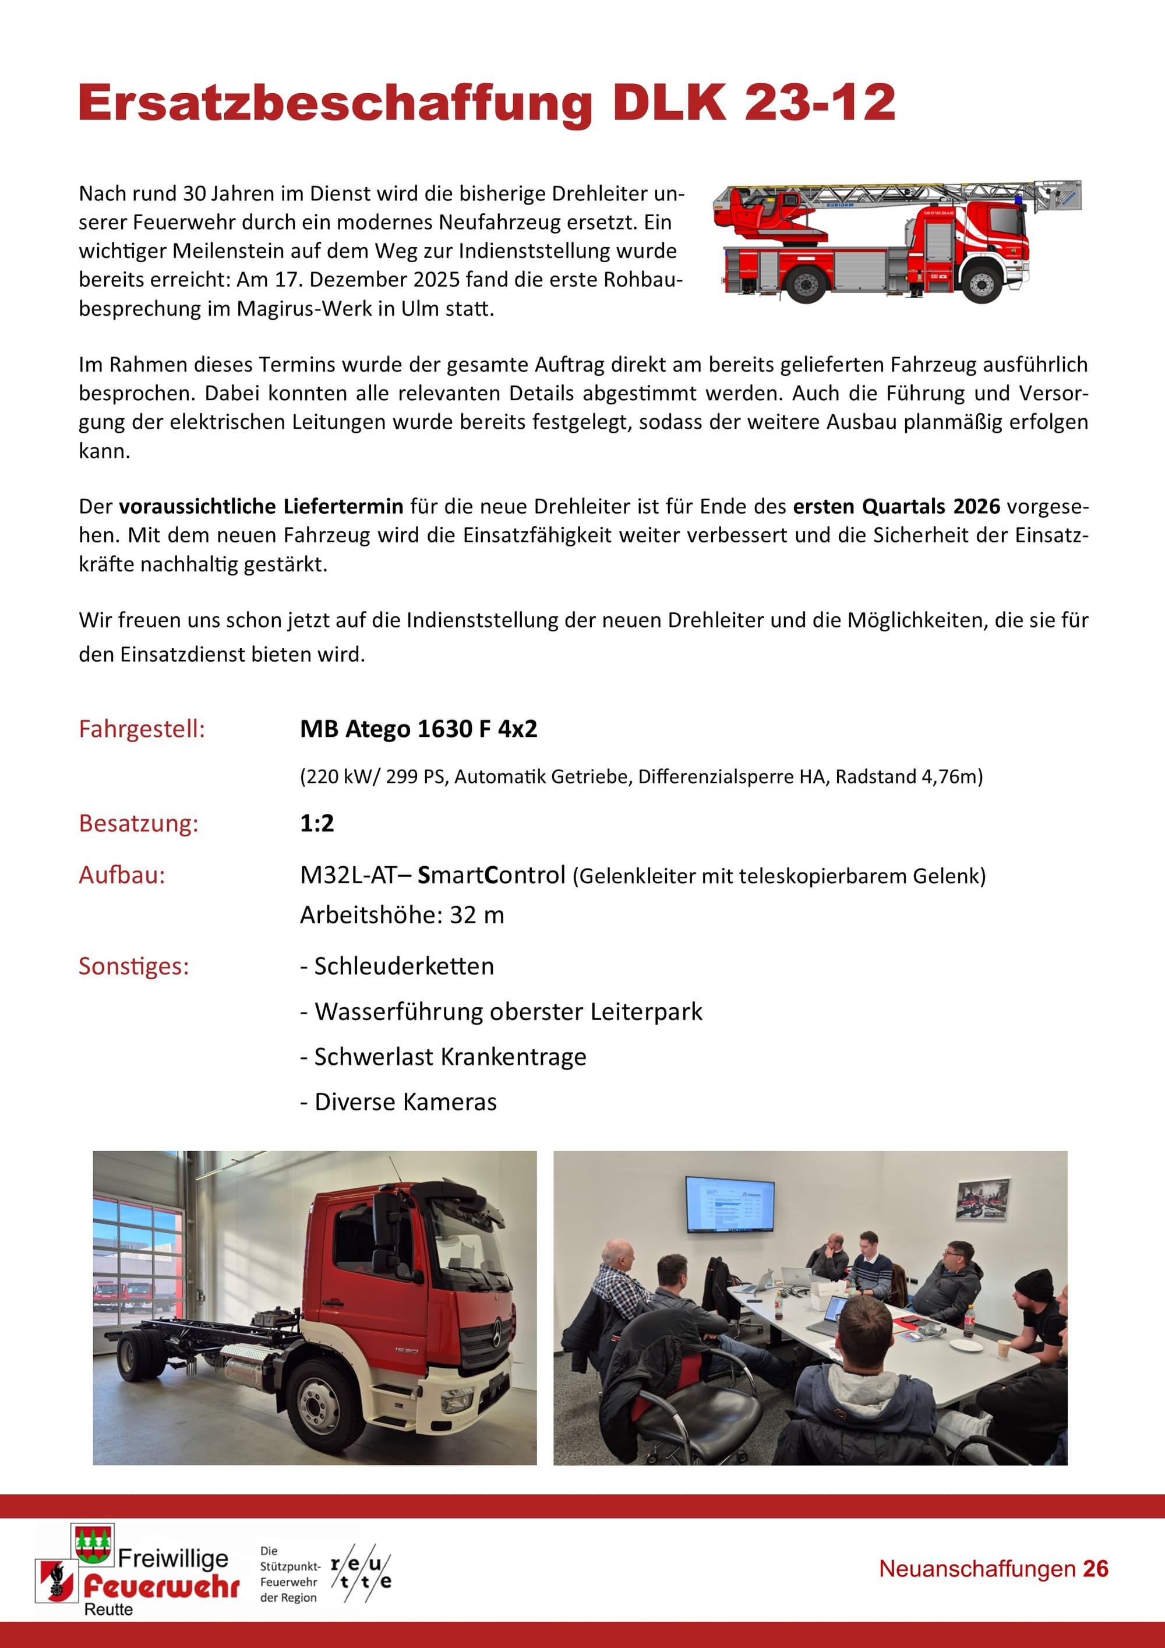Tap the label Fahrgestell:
coord(142,729)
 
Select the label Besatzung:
coord(139,823)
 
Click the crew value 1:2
coord(316,823)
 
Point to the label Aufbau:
coord(122,875)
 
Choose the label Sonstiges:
coord(133,966)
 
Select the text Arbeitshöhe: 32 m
coord(402,915)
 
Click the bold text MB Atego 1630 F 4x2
coord(418,729)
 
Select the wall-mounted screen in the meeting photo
coord(729,1204)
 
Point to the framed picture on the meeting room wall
coord(983,1199)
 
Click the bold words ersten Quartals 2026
coord(896,507)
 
